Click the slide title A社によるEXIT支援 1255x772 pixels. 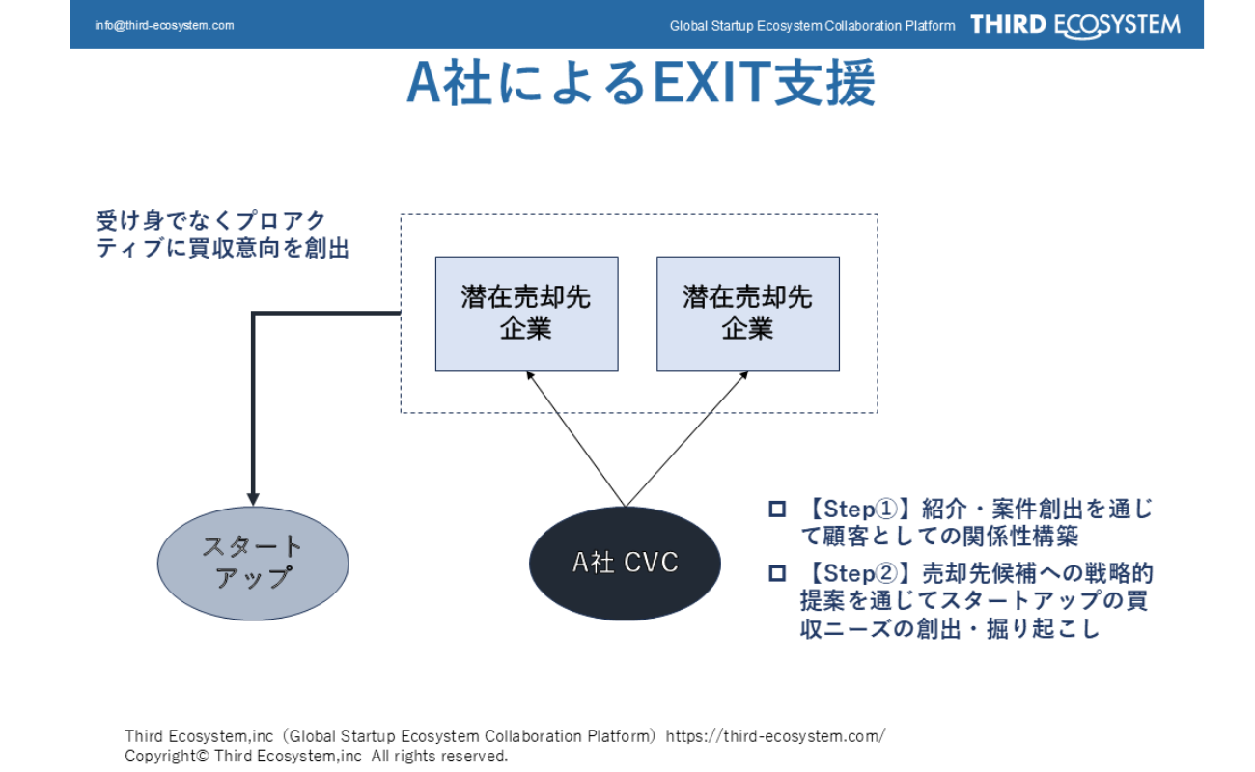click(641, 84)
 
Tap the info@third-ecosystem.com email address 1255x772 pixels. click(164, 25)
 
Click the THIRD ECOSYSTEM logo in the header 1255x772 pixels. click(1074, 25)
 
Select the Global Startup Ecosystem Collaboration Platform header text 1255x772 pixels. click(812, 26)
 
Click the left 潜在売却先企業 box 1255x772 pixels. click(526, 313)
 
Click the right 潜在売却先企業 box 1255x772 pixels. click(748, 313)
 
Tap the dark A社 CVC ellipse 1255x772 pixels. click(625, 563)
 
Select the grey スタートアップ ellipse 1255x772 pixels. click(253, 563)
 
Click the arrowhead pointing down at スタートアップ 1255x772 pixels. click(253, 498)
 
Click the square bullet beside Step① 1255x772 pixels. click(777, 509)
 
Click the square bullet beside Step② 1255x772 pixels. click(777, 573)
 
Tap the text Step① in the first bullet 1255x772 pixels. click(856, 509)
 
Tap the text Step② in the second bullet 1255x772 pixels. click(856, 573)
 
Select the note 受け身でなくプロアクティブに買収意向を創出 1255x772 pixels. click(222, 234)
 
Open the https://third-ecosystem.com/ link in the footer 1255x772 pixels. click(775, 736)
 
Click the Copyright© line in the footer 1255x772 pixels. click(316, 756)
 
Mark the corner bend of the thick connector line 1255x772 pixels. click(253, 314)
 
